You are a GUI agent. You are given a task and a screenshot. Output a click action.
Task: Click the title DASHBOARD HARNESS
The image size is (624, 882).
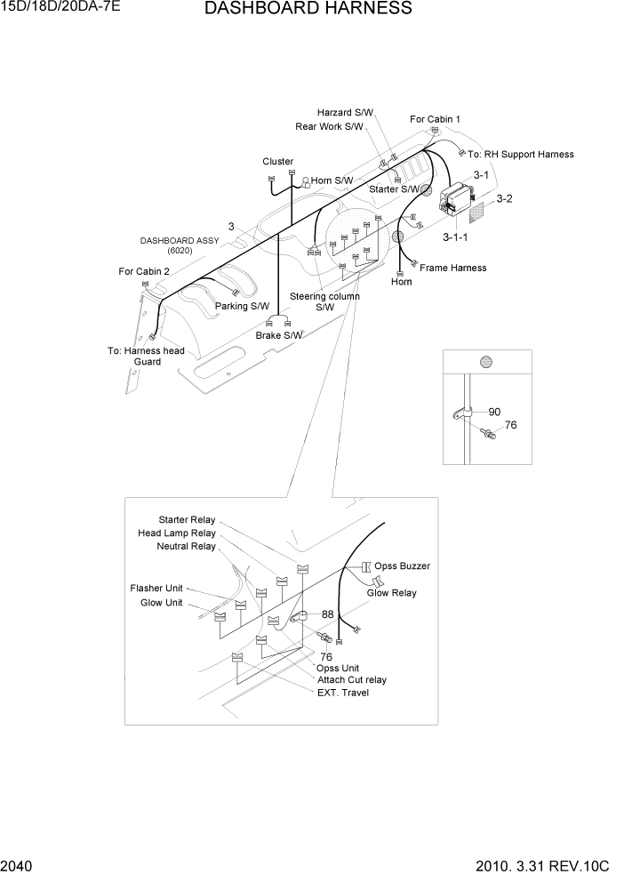[x=308, y=9]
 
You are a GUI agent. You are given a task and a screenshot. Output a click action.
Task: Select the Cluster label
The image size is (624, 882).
[x=277, y=162]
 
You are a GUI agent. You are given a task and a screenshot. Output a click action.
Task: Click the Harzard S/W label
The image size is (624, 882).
[x=346, y=113]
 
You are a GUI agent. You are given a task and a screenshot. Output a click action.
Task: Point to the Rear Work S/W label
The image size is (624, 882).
[x=329, y=127]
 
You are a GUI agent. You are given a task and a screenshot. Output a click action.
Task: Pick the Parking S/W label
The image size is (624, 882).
[x=242, y=306]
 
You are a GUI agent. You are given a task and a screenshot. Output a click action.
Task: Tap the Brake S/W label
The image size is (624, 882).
[x=279, y=335]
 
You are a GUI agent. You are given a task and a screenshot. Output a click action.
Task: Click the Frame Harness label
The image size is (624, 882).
[x=452, y=268]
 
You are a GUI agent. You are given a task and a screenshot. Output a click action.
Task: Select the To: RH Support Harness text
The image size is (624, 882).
[x=521, y=155]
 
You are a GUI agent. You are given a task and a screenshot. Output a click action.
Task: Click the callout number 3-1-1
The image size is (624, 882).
[x=457, y=237]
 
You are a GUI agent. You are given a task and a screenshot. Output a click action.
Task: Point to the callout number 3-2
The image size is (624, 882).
[x=504, y=199]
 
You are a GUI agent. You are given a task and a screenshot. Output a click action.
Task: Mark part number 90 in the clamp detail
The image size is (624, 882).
[x=494, y=412]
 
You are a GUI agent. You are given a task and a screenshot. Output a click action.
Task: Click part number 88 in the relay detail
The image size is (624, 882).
[x=327, y=614]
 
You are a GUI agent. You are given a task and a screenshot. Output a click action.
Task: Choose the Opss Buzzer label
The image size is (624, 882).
[x=402, y=566]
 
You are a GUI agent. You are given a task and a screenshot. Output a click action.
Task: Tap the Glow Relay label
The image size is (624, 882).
[x=391, y=593]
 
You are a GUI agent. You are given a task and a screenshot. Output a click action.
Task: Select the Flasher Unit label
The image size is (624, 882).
[x=156, y=589]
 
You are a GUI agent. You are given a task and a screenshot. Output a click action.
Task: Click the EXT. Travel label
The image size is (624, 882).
[x=342, y=693]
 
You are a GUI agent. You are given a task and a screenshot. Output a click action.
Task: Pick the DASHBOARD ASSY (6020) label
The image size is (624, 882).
[x=179, y=245]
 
